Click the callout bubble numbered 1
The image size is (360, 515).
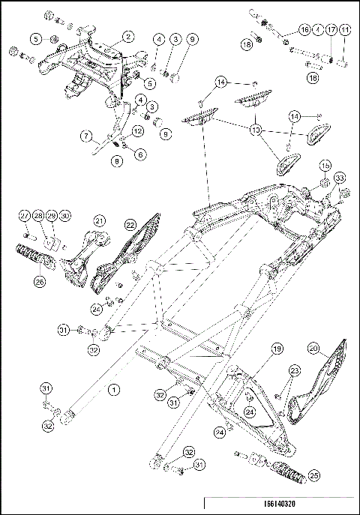point(113,389)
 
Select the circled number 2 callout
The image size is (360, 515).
point(127,35)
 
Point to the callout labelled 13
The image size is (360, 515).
point(256,130)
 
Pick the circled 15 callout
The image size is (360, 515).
point(325,165)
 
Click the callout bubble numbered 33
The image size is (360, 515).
point(340,178)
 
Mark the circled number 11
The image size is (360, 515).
point(344,29)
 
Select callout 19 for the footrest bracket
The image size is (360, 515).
point(276,349)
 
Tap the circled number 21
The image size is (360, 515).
point(99,220)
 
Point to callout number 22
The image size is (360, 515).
point(130,223)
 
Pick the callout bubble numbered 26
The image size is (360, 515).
point(39,282)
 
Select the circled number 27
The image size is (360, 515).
point(24,216)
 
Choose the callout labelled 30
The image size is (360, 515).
point(65,216)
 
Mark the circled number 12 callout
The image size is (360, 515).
point(137,131)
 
